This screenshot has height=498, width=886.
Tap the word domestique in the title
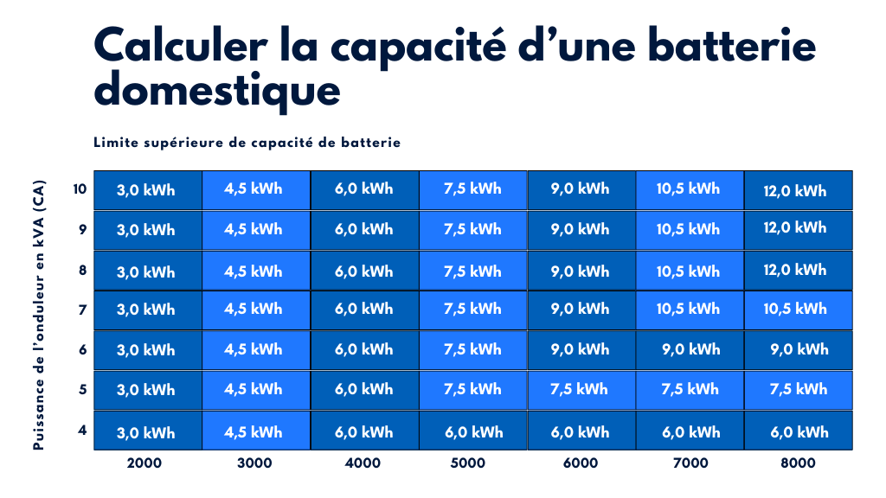pos(216,91)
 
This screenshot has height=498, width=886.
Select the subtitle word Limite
pos(115,143)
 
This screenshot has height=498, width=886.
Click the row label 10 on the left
pos(80,188)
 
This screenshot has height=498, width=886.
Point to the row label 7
pos(83,309)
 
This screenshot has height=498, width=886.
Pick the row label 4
pos(83,429)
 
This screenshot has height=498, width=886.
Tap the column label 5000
pos(468,463)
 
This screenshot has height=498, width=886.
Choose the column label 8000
pos(797,463)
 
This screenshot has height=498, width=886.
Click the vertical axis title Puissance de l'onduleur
pos(39,320)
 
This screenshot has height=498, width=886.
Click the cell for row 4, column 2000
pos(147,431)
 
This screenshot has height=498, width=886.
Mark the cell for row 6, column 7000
pos(690,350)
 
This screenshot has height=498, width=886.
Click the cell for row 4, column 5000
pos(473,431)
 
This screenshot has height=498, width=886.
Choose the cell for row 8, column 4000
pos(364,271)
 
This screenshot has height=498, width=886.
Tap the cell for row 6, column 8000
pos(798,350)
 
